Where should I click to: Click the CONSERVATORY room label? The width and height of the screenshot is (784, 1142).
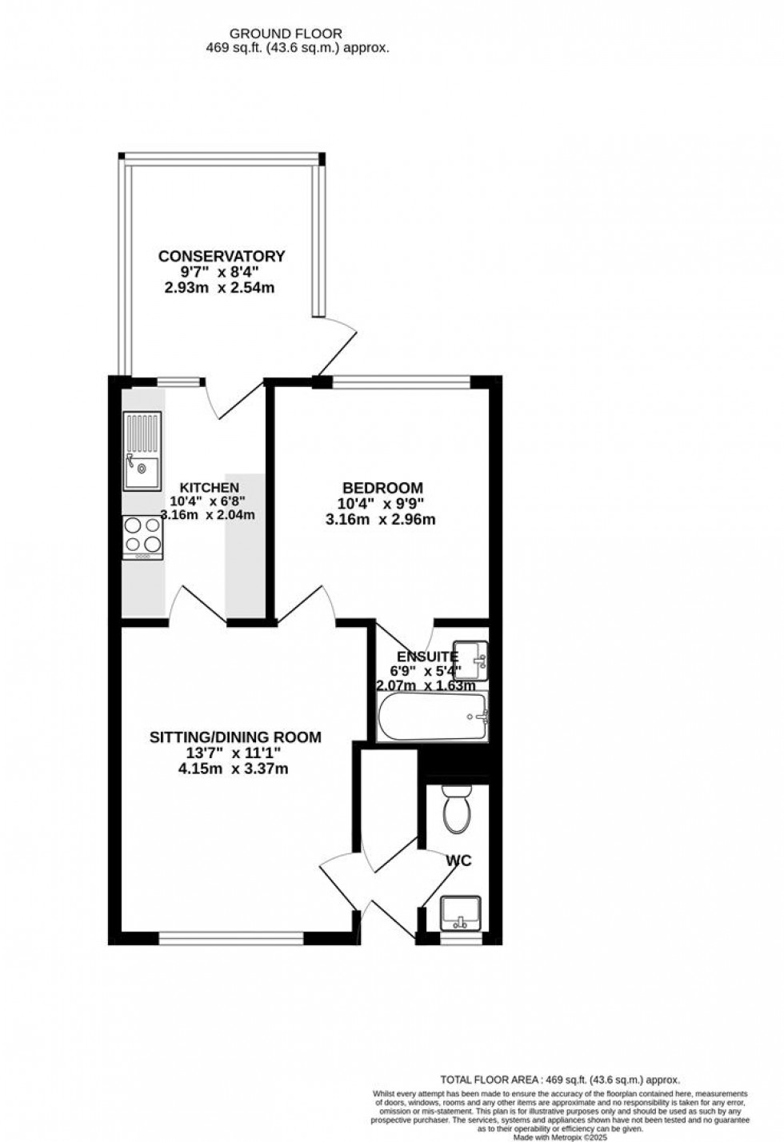pyautogui.click(x=222, y=257)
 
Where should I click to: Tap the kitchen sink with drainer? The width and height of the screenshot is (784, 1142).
pyautogui.click(x=142, y=451)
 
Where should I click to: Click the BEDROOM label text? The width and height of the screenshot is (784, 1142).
pyautogui.click(x=382, y=488)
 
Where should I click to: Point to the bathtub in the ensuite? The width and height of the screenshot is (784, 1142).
pyautogui.click(x=431, y=717)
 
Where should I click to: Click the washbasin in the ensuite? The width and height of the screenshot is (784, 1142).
pyautogui.click(x=470, y=659)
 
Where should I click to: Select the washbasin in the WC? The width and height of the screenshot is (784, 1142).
pyautogui.click(x=460, y=912)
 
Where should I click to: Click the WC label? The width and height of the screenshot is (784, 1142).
pyautogui.click(x=458, y=861)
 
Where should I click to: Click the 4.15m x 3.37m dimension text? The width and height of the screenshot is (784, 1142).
pyautogui.click(x=234, y=769)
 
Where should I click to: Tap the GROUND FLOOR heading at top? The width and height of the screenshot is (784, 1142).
pyautogui.click(x=286, y=34)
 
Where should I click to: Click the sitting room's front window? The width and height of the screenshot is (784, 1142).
pyautogui.click(x=231, y=938)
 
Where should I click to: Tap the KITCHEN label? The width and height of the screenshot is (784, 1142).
pyautogui.click(x=209, y=488)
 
